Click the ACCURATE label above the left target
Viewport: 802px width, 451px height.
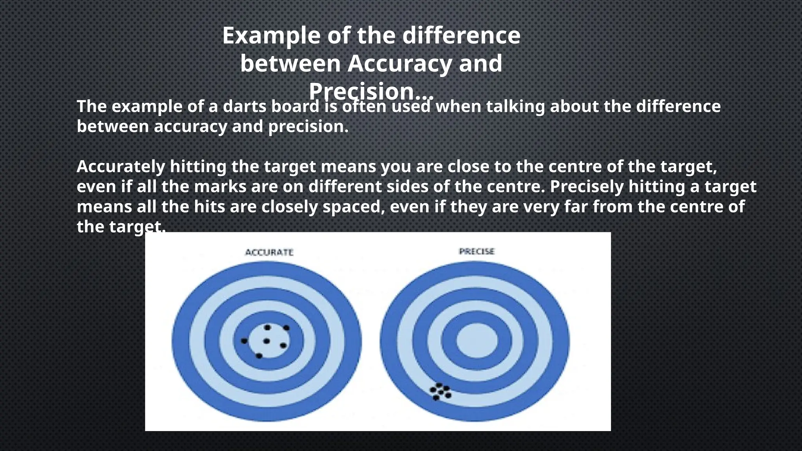point(269,252)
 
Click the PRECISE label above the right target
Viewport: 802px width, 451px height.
point(477,251)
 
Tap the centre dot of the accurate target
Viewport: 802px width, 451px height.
point(267,341)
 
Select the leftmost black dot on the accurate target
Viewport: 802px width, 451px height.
point(244,341)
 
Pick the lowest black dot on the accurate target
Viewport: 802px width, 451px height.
point(259,356)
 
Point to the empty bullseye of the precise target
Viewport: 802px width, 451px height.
point(477,341)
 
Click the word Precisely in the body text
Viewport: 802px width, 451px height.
point(587,187)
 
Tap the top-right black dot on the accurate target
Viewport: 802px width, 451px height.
point(286,328)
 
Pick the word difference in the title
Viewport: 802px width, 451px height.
point(461,36)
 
